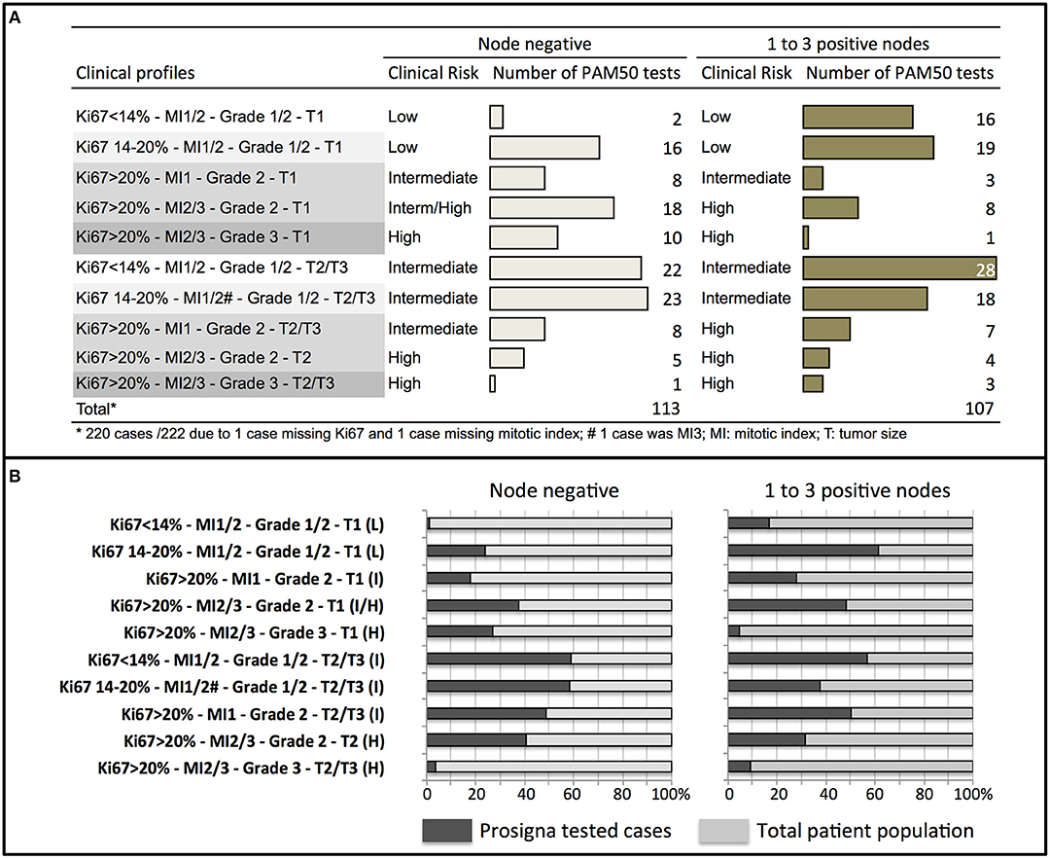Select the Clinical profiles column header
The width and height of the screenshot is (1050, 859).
[135, 73]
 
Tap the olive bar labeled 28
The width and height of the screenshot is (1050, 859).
[898, 268]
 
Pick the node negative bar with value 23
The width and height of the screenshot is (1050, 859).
[569, 298]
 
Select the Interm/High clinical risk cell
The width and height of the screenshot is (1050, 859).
[431, 207]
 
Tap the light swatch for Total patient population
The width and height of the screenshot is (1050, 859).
[723, 830]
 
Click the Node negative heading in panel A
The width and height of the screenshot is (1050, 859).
[534, 44]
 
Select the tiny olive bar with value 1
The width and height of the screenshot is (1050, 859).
[806, 237]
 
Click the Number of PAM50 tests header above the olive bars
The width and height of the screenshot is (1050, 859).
[900, 73]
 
